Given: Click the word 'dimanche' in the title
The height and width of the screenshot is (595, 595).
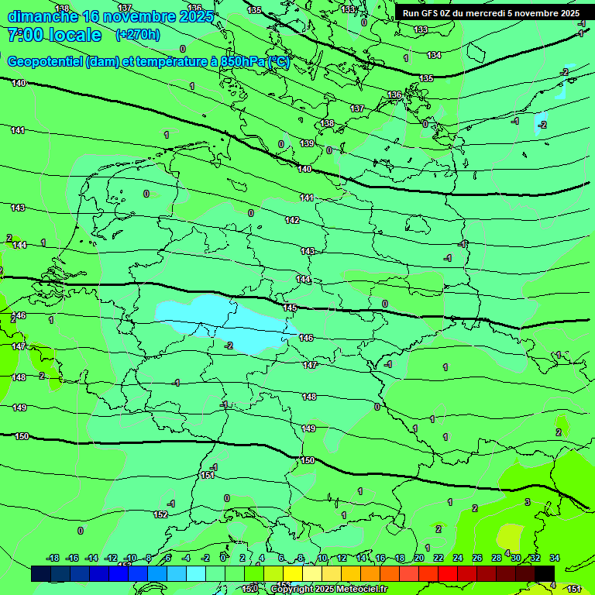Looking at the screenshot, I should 40,16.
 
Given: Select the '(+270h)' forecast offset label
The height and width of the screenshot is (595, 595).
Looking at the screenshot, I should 137,34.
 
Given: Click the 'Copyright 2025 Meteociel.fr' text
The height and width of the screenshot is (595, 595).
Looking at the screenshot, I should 328,589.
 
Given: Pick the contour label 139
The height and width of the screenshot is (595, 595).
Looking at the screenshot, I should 307,143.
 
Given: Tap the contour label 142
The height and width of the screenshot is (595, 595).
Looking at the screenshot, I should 292,220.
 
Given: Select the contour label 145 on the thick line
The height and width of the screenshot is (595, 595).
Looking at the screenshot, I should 290,308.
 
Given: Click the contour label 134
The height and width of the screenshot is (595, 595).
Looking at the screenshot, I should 434,55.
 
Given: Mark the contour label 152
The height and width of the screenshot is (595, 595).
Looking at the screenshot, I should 160,514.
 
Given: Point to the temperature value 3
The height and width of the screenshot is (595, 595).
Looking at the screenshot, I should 527,502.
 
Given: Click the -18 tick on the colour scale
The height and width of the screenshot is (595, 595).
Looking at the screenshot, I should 53,558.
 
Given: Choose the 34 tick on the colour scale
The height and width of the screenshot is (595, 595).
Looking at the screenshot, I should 555,558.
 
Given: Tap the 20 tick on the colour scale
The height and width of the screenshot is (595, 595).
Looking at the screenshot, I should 419,558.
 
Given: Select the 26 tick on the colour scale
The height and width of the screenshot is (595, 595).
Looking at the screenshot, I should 477,558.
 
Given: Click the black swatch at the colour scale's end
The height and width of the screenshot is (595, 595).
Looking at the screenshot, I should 545,573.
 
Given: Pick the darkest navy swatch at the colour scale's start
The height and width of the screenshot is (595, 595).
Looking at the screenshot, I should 41,573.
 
